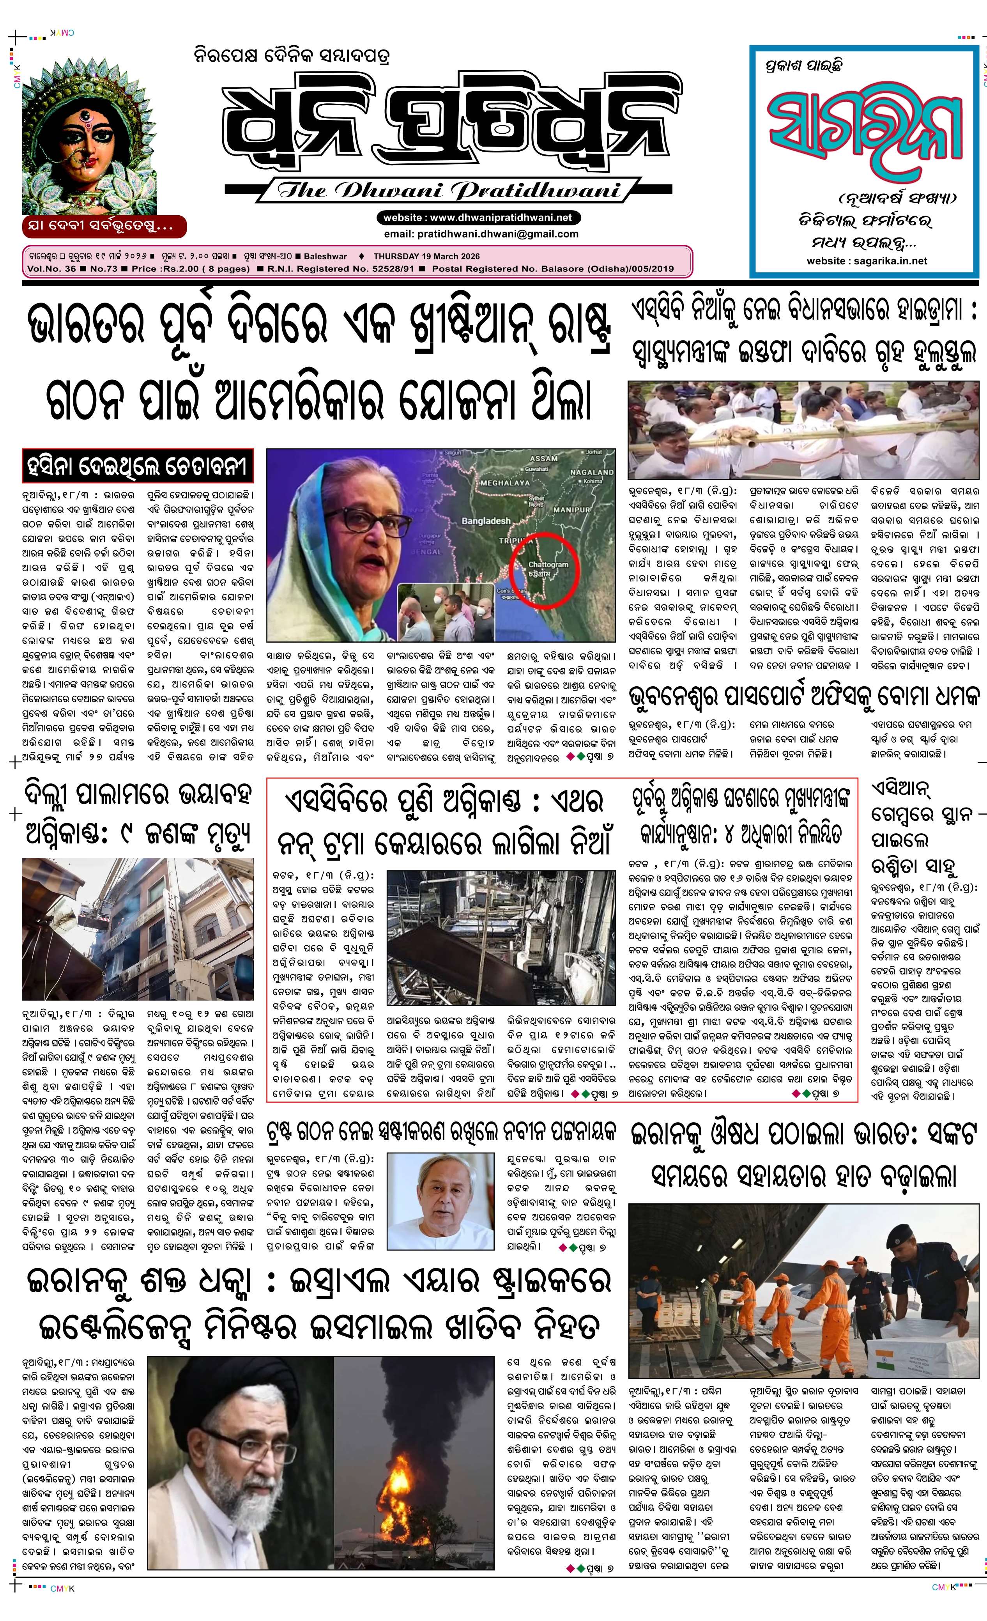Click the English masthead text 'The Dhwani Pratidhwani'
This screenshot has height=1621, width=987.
[x=448, y=191]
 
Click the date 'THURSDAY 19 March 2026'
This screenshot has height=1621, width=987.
[x=426, y=257]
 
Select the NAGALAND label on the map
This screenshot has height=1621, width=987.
[x=591, y=472]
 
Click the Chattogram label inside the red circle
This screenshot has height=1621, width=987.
[x=548, y=565]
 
